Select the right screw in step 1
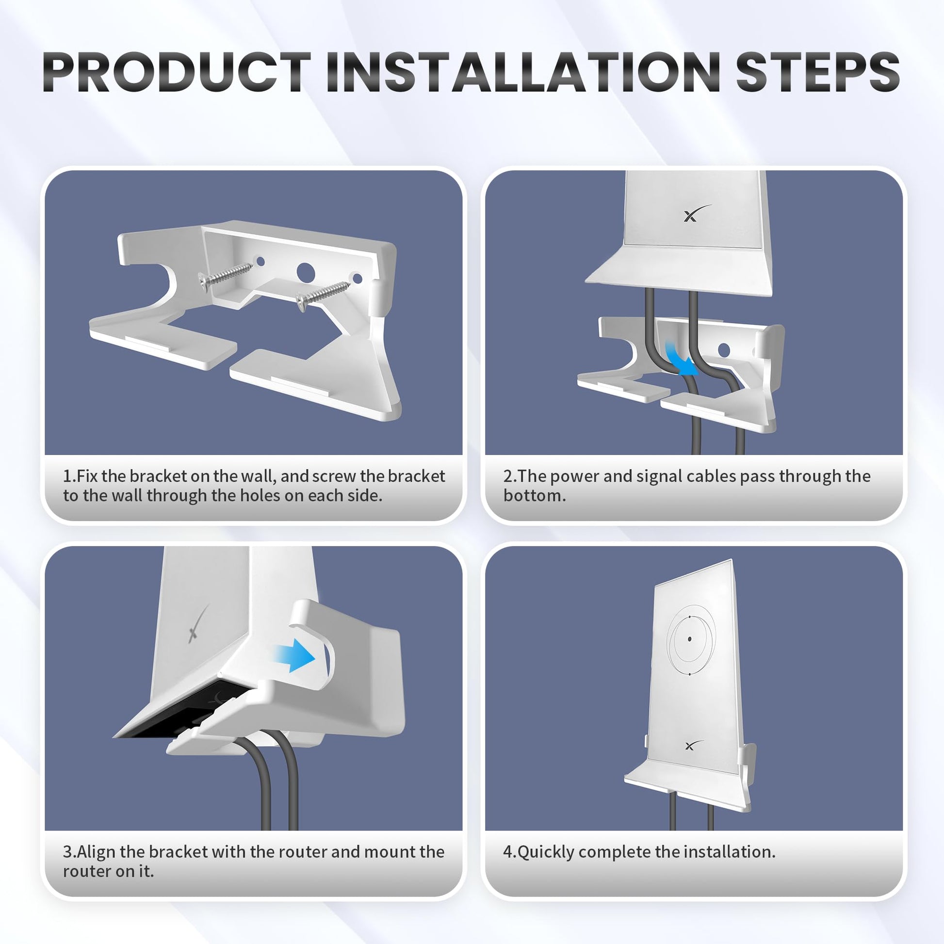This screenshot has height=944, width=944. [x=323, y=295]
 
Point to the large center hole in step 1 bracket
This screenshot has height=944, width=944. [x=306, y=272]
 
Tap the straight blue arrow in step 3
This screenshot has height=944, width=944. [x=294, y=658]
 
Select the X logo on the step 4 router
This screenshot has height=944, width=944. [x=693, y=746]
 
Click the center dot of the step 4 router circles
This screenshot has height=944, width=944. [x=689, y=639]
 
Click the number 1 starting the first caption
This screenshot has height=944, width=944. [x=67, y=476]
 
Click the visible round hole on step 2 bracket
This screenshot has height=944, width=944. [x=724, y=350]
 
